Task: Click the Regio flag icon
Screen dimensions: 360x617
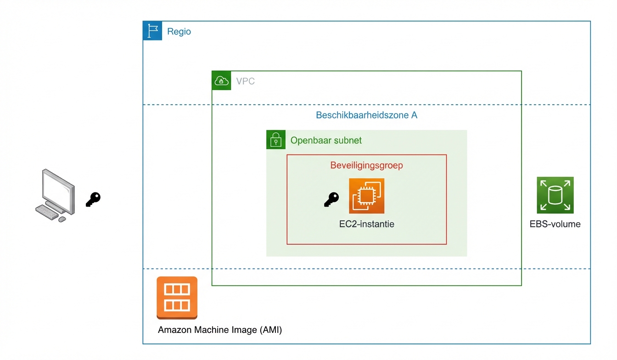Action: click(152, 31)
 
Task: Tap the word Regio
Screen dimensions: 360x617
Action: click(179, 32)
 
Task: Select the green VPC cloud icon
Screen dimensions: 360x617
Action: click(221, 81)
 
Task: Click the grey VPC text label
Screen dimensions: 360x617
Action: click(245, 81)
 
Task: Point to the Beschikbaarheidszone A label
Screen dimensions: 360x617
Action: click(366, 115)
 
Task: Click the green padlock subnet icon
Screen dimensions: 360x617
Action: click(276, 140)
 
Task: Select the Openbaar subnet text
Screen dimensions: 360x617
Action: click(326, 141)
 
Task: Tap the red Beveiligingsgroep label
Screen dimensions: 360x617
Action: click(366, 165)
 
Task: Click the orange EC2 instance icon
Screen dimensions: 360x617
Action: click(366, 196)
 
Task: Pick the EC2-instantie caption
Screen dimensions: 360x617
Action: click(366, 225)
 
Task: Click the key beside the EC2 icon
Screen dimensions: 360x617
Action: click(331, 199)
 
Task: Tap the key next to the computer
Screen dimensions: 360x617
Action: click(93, 199)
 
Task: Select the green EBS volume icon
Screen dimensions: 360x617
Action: click(555, 195)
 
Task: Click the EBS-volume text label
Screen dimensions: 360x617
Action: click(555, 225)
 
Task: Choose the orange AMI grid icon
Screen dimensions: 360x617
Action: click(177, 297)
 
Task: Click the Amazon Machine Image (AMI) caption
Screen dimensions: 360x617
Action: click(220, 330)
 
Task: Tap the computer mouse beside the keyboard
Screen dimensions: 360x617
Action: click(62, 219)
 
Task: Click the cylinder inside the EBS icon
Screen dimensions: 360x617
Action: click(555, 195)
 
